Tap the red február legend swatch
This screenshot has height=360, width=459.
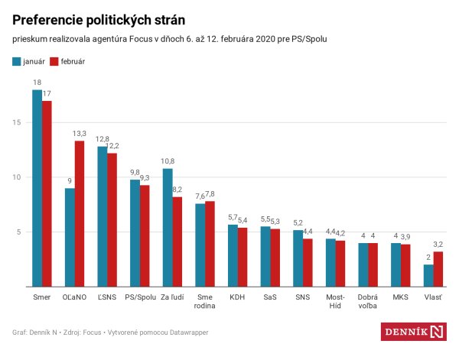[54, 61]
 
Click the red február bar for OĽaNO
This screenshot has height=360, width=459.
[79, 214]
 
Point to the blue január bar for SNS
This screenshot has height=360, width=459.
[298, 258]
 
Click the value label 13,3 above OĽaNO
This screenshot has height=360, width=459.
[80, 134]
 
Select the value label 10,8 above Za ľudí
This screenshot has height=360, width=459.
[168, 161]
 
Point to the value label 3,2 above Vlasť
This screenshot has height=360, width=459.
[438, 245]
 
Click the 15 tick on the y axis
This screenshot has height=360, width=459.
[17, 122]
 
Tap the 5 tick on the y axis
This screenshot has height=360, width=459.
[19, 232]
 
